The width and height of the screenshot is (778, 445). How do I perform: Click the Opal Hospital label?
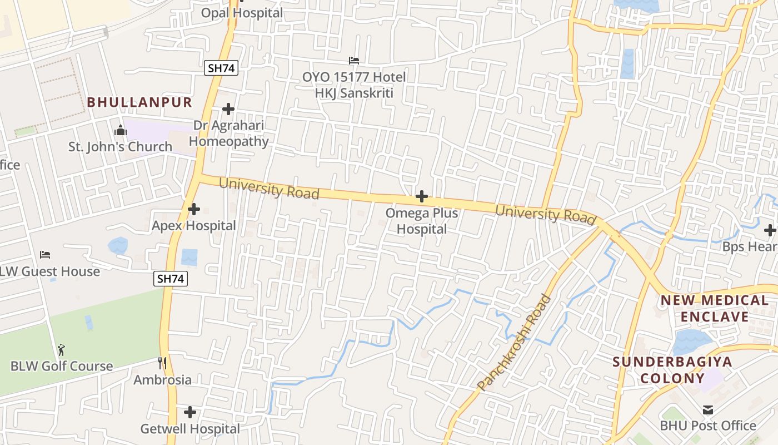(x=242, y=13)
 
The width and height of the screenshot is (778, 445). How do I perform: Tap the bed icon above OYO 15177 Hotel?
(x=354, y=60)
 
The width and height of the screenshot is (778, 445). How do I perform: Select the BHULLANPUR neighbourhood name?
(x=139, y=102)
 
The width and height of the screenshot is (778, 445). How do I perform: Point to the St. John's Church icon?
(x=120, y=131)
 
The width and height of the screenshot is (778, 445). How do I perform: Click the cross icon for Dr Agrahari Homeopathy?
(x=228, y=109)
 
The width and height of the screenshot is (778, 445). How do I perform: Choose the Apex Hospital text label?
(x=194, y=226)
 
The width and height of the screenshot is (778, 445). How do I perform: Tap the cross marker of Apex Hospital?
(x=194, y=210)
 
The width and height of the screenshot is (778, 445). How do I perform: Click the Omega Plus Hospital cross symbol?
(x=422, y=196)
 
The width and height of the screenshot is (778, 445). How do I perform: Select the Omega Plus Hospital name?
(x=422, y=221)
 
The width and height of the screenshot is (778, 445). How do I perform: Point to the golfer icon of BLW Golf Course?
(x=61, y=350)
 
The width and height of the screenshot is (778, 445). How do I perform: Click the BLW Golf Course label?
(x=62, y=367)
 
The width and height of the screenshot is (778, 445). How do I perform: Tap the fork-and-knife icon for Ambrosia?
(x=162, y=364)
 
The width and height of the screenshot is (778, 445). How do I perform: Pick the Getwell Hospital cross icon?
(x=190, y=412)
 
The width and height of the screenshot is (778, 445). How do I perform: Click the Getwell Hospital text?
(x=190, y=429)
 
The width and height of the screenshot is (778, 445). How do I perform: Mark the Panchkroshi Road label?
(x=514, y=342)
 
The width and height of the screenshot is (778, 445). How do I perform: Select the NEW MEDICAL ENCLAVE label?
(x=714, y=309)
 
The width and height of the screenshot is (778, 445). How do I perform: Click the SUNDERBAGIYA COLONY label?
(x=672, y=370)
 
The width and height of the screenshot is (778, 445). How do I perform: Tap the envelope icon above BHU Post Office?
(x=708, y=410)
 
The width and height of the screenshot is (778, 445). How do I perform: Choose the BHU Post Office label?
(x=708, y=426)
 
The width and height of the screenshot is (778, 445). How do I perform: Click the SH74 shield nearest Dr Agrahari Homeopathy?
(x=221, y=68)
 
